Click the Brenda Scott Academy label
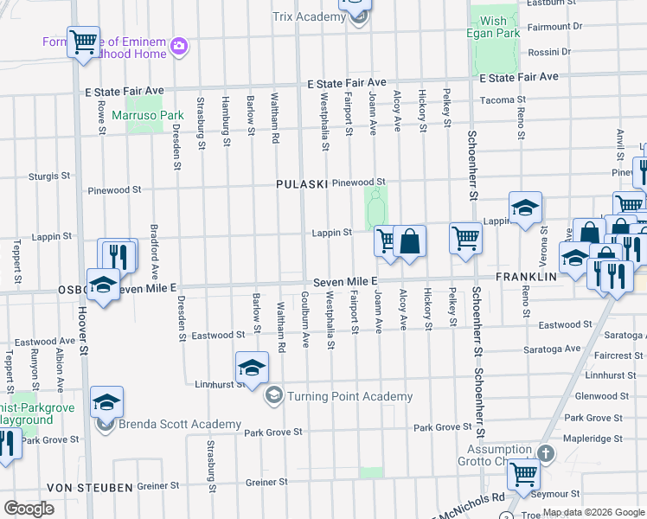point(180,424)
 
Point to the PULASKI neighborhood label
point(302,184)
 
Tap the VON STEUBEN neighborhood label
point(90,488)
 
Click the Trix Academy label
point(308,16)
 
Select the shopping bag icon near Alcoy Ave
point(410,241)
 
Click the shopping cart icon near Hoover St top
point(83,41)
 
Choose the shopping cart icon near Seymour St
point(523,474)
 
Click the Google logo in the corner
point(29,508)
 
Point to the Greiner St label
point(266,483)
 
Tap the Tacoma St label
point(497,99)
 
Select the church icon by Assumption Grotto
point(545,453)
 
